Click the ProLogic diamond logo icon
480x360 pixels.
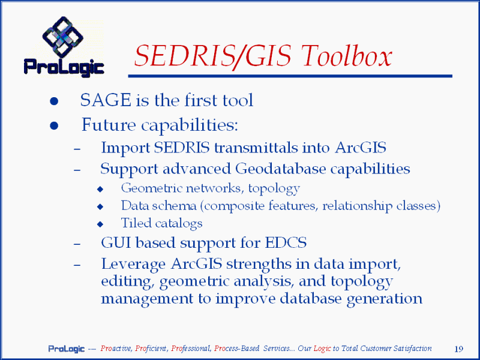pos(62,37)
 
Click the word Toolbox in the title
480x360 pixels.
pos(347,56)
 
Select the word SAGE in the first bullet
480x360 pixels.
pos(106,100)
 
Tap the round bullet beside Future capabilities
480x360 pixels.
pos(54,125)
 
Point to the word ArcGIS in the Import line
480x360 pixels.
pos(361,148)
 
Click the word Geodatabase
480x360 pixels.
pos(281,169)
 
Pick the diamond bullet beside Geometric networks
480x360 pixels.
pos(100,189)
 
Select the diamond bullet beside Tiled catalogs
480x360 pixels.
pos(100,224)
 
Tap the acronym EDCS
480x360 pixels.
pos(286,243)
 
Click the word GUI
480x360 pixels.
pos(116,243)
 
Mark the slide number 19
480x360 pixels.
pos(459,349)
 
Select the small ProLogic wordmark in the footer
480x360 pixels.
pos(67,349)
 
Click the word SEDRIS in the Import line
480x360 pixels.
pos(182,148)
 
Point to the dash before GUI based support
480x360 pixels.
pos(77,244)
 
